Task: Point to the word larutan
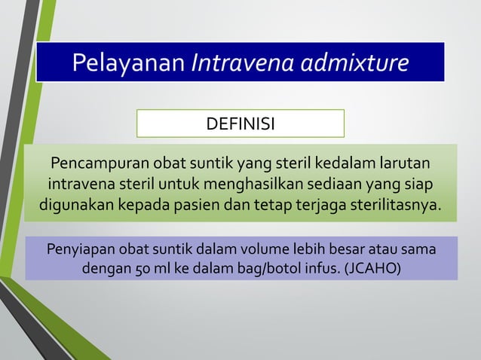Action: click(406, 163)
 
